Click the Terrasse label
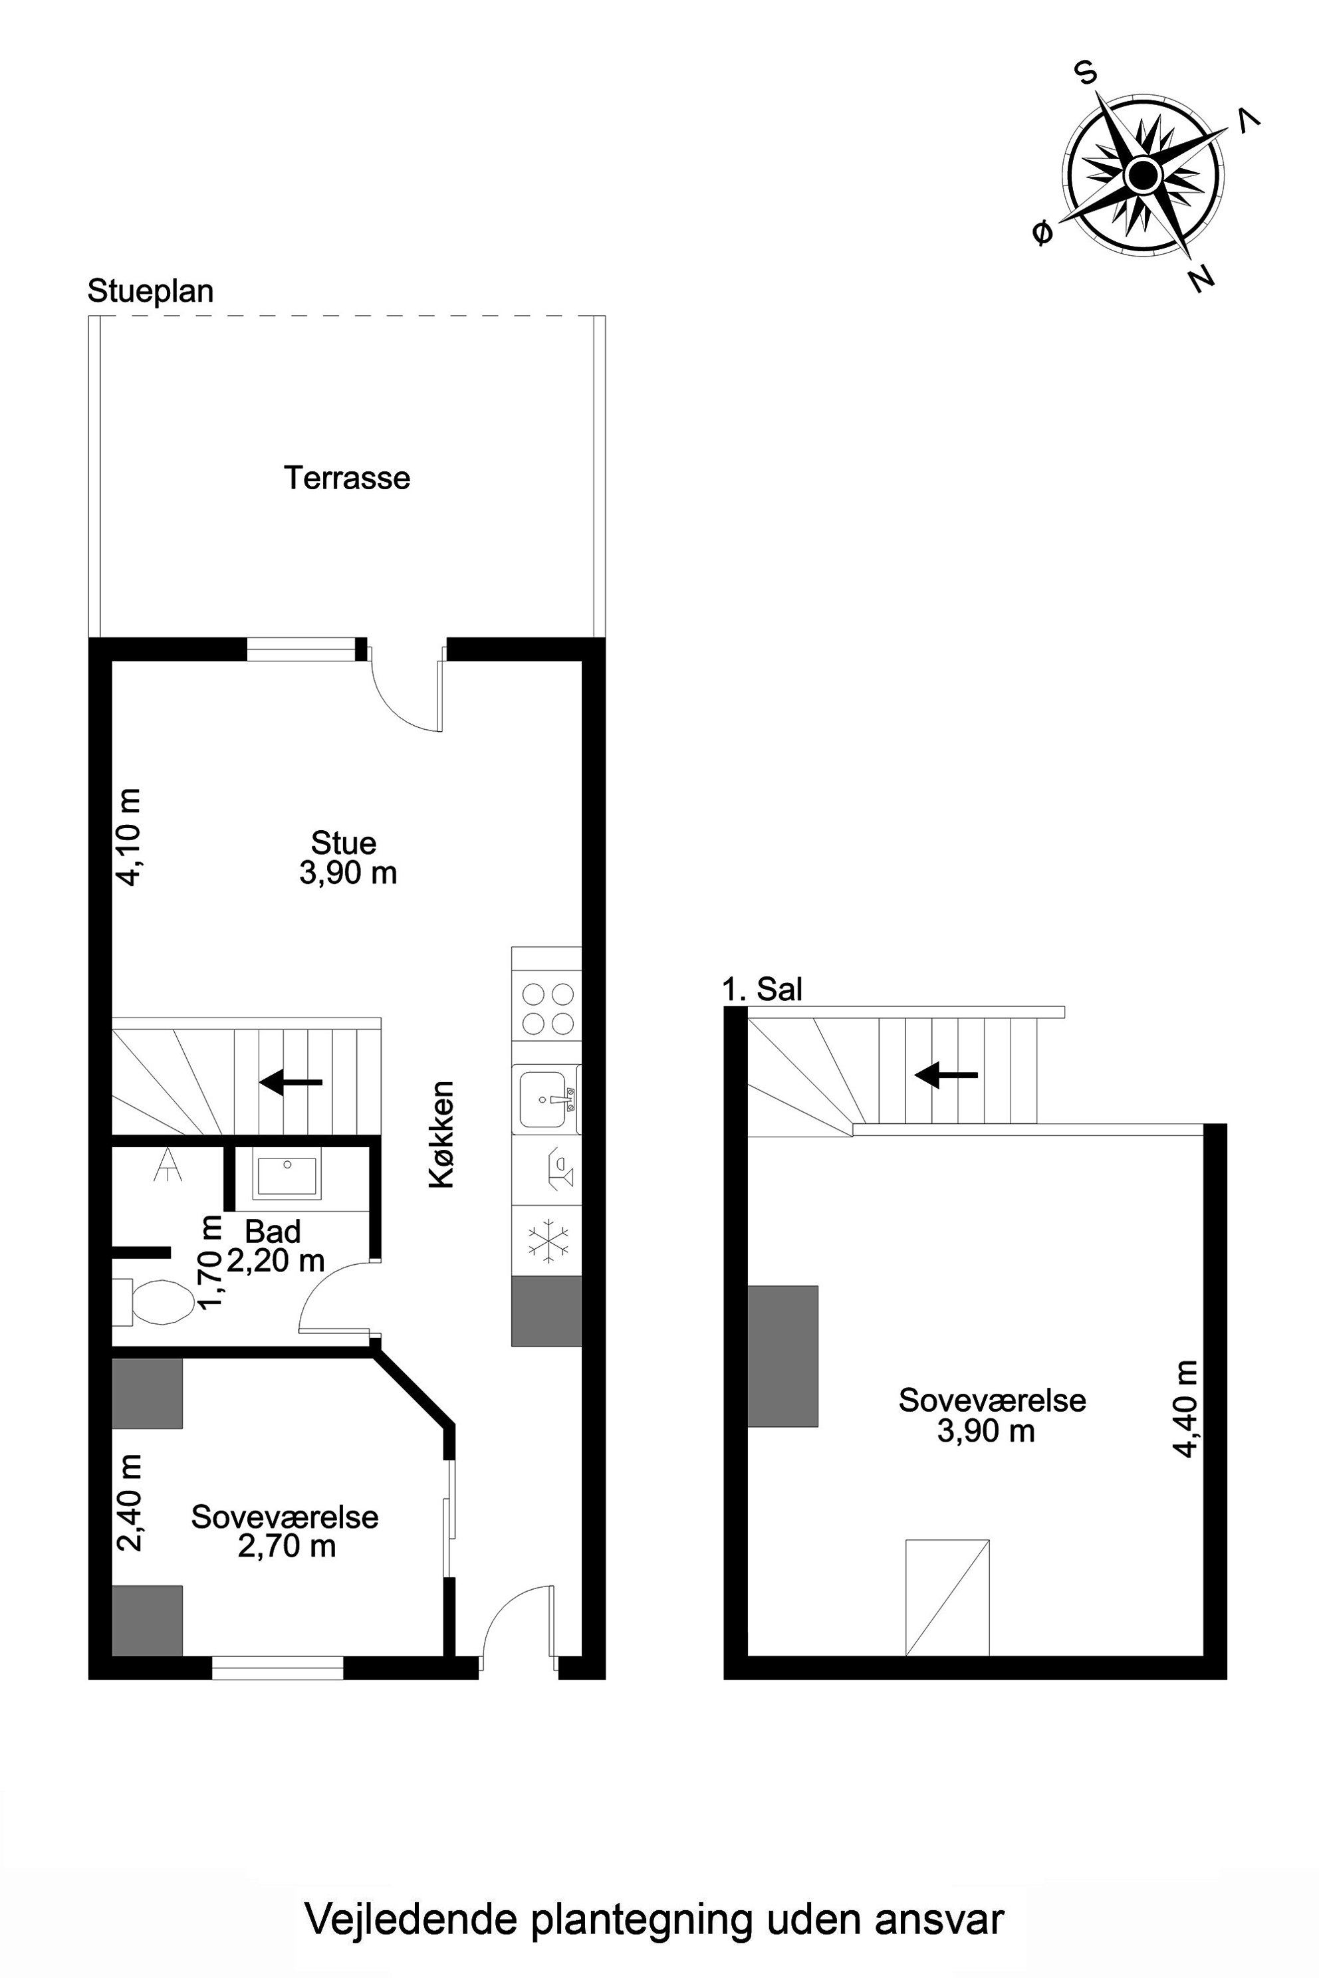coord(346,478)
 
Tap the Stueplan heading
coord(150,291)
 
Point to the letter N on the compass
coord(1202,278)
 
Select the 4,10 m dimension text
coord(130,837)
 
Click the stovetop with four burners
coord(548,1008)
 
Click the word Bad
coord(273,1232)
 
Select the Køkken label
coord(441,1135)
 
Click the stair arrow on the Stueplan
coord(291,1082)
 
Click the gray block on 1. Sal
coord(782,1356)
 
